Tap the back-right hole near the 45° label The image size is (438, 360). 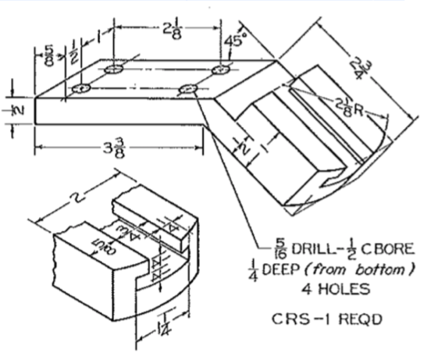pos(221,70)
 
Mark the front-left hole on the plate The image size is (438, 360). pos(80,90)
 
